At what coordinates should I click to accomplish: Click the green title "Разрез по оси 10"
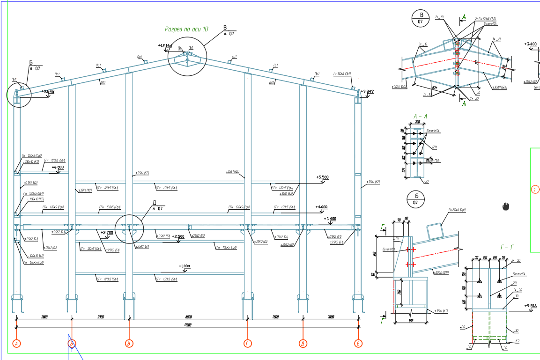coord(186,29)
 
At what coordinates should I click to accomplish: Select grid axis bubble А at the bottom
coord(17,344)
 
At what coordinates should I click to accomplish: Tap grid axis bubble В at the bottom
coord(129,344)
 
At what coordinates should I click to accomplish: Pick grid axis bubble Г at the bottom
coord(248,344)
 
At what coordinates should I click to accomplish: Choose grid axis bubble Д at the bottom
coord(303,344)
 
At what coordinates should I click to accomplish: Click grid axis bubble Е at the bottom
coord(359,344)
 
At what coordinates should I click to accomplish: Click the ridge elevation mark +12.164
coord(165,46)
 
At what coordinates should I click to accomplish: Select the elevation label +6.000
coord(58,167)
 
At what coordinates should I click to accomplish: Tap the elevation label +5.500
coord(323,177)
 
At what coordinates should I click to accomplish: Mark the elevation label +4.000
coord(321,207)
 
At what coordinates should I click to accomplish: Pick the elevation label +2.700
coord(107,232)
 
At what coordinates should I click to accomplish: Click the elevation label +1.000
coord(184,266)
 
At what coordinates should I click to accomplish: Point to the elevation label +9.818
coord(531,306)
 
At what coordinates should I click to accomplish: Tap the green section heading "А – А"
coord(420,116)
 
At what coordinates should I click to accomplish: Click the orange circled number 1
coord(535,190)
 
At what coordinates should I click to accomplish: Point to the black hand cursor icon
coord(506,206)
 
